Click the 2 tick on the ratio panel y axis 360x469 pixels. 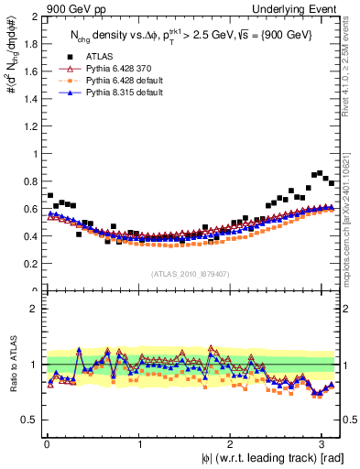click(35, 309)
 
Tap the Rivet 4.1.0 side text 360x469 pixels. click(352, 69)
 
